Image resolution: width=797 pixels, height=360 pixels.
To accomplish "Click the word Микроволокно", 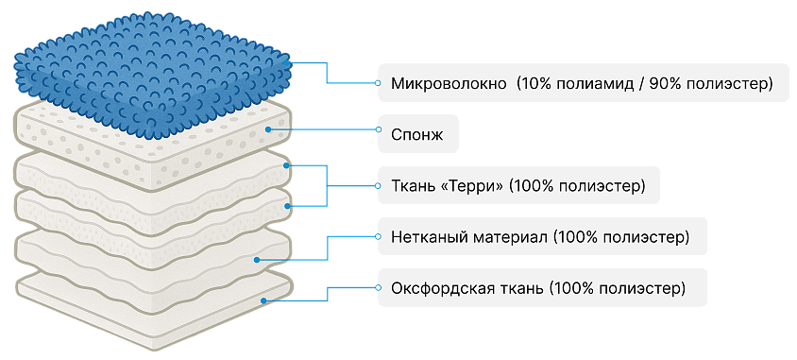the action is pos(449,83).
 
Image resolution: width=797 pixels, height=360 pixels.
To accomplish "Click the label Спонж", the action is pos(417,135).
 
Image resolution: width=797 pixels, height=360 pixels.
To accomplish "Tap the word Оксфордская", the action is pos(441,288).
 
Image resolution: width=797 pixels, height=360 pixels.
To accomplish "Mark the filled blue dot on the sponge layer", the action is pos(267,129).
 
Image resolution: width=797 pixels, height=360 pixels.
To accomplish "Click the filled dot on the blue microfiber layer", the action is pos(288,62).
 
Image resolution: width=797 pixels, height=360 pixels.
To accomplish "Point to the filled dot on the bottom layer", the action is pos(263,301).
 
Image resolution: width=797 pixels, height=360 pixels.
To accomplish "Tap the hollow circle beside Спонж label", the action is pos(378,129).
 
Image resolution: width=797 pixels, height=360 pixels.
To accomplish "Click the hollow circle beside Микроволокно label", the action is pos(378,83).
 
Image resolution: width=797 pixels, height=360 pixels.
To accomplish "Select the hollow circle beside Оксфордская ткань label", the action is pos(378,288).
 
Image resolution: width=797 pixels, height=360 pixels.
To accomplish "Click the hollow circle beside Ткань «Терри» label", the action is pos(378,185).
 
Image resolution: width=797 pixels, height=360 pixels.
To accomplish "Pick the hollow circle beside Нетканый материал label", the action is pos(378,236).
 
